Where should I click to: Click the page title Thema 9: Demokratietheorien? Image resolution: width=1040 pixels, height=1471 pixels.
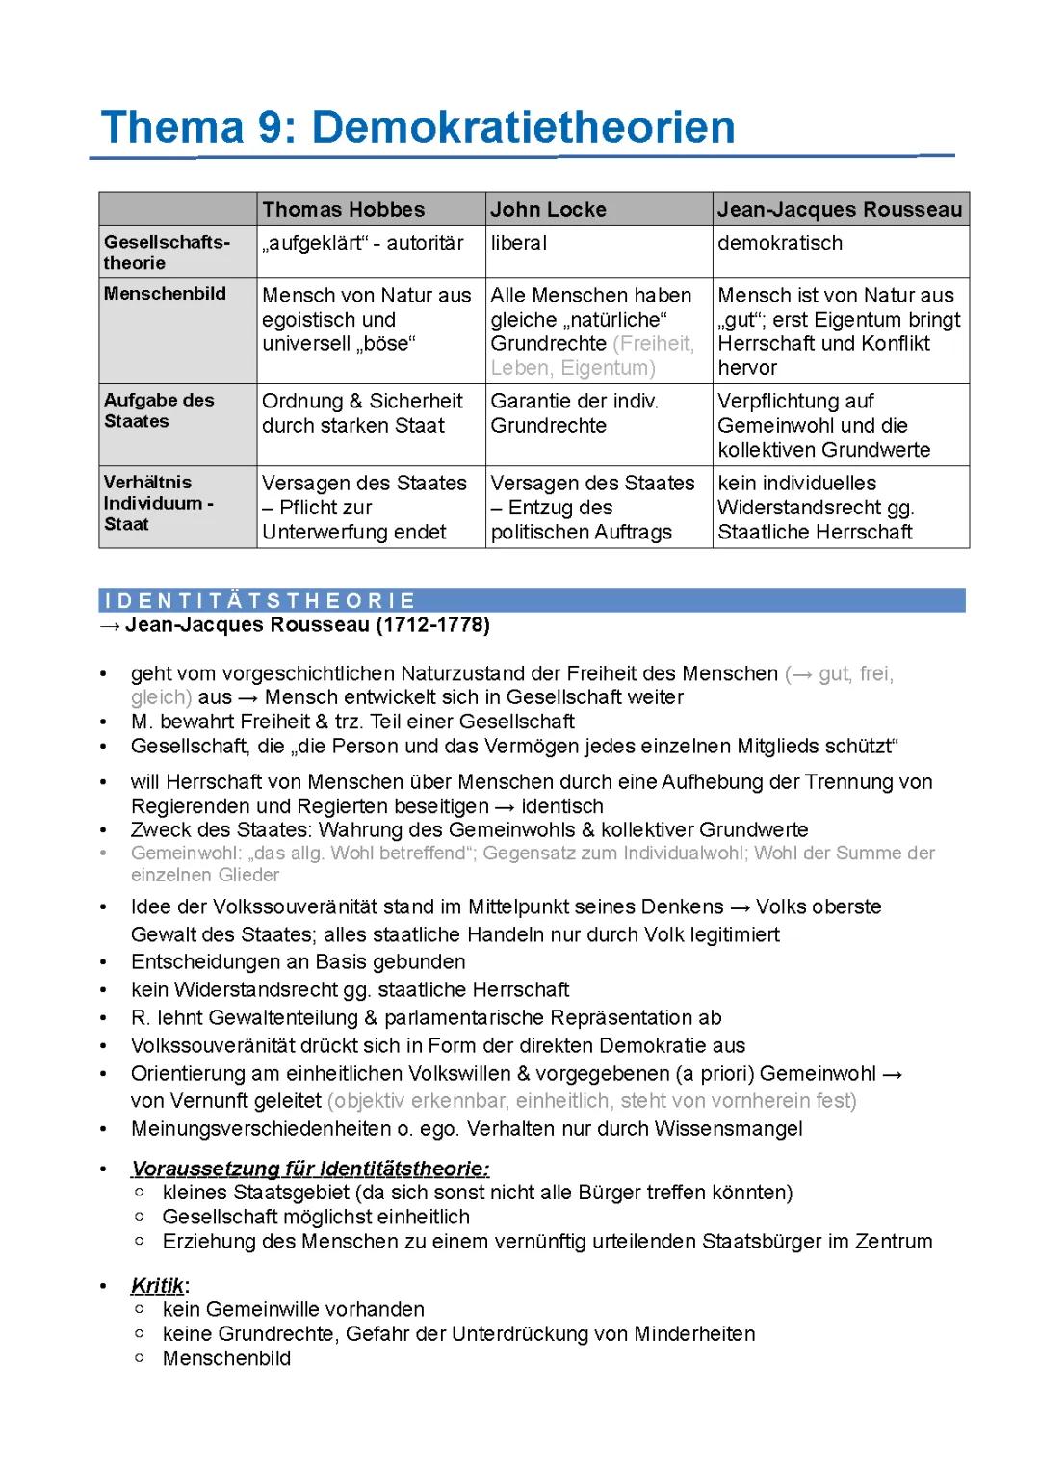418,127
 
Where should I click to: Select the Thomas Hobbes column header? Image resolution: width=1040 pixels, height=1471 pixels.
343,209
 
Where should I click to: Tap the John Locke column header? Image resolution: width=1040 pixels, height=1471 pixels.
548,209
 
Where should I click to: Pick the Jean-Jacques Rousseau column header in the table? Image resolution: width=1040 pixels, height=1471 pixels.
839,209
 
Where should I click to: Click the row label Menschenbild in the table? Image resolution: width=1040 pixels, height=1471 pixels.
165,294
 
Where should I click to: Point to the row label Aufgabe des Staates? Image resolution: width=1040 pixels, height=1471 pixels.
159,410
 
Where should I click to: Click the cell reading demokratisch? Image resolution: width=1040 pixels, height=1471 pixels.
779,243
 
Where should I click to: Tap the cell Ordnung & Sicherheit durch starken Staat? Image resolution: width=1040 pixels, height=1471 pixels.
362,413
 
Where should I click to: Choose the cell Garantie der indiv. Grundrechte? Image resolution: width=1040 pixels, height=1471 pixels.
574,413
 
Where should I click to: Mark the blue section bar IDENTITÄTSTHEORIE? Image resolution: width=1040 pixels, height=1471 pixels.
532,600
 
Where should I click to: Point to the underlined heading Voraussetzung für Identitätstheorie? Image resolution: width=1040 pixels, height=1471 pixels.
310,1169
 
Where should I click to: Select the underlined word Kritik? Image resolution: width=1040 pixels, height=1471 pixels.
157,1286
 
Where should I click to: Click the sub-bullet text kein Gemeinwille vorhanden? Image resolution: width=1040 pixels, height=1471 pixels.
293,1309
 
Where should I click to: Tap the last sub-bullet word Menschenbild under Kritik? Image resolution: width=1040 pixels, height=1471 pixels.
226,1358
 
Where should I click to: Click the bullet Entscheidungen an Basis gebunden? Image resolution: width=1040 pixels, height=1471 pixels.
298,961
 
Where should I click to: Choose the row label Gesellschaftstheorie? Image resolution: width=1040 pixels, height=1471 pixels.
167,252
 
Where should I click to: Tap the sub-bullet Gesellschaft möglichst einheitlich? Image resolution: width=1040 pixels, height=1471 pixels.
316,1217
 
